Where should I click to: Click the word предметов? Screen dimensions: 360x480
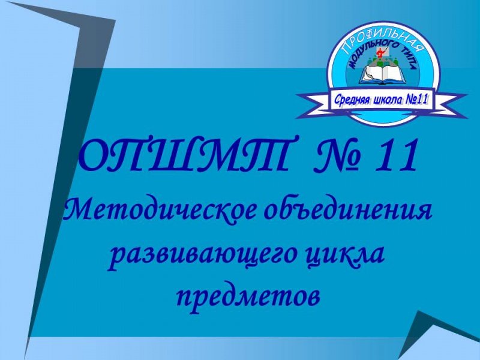click(x=247, y=294)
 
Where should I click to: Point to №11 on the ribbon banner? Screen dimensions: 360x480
click(x=416, y=100)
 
